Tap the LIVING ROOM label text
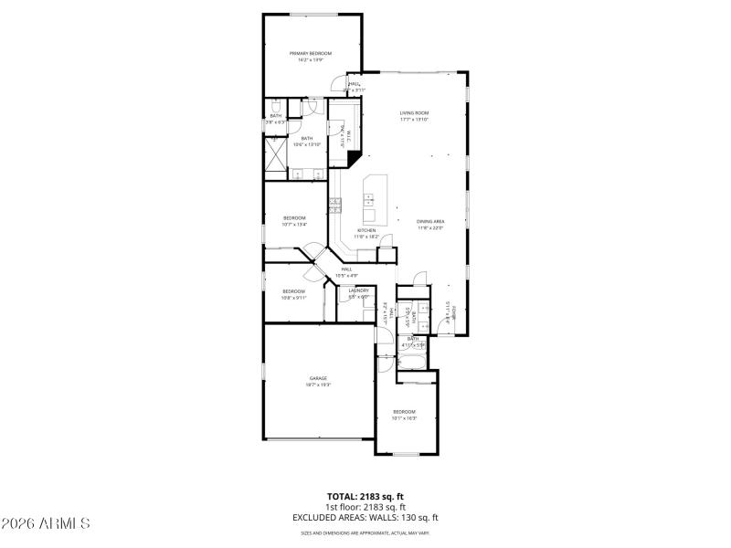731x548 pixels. pos(414,113)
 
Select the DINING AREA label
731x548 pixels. pos(430,222)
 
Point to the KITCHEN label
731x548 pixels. pos(366,230)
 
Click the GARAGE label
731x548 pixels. pos(318,378)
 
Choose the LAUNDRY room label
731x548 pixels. pos(358,290)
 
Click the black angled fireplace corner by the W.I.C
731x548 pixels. pos(353,158)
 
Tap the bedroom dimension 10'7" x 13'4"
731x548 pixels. pos(294,224)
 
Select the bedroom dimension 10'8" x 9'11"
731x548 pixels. pos(294,297)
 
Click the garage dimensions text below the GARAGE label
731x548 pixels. pos(318,385)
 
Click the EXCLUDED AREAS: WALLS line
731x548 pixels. pos(365,517)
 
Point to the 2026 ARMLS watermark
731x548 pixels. pos(46,524)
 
